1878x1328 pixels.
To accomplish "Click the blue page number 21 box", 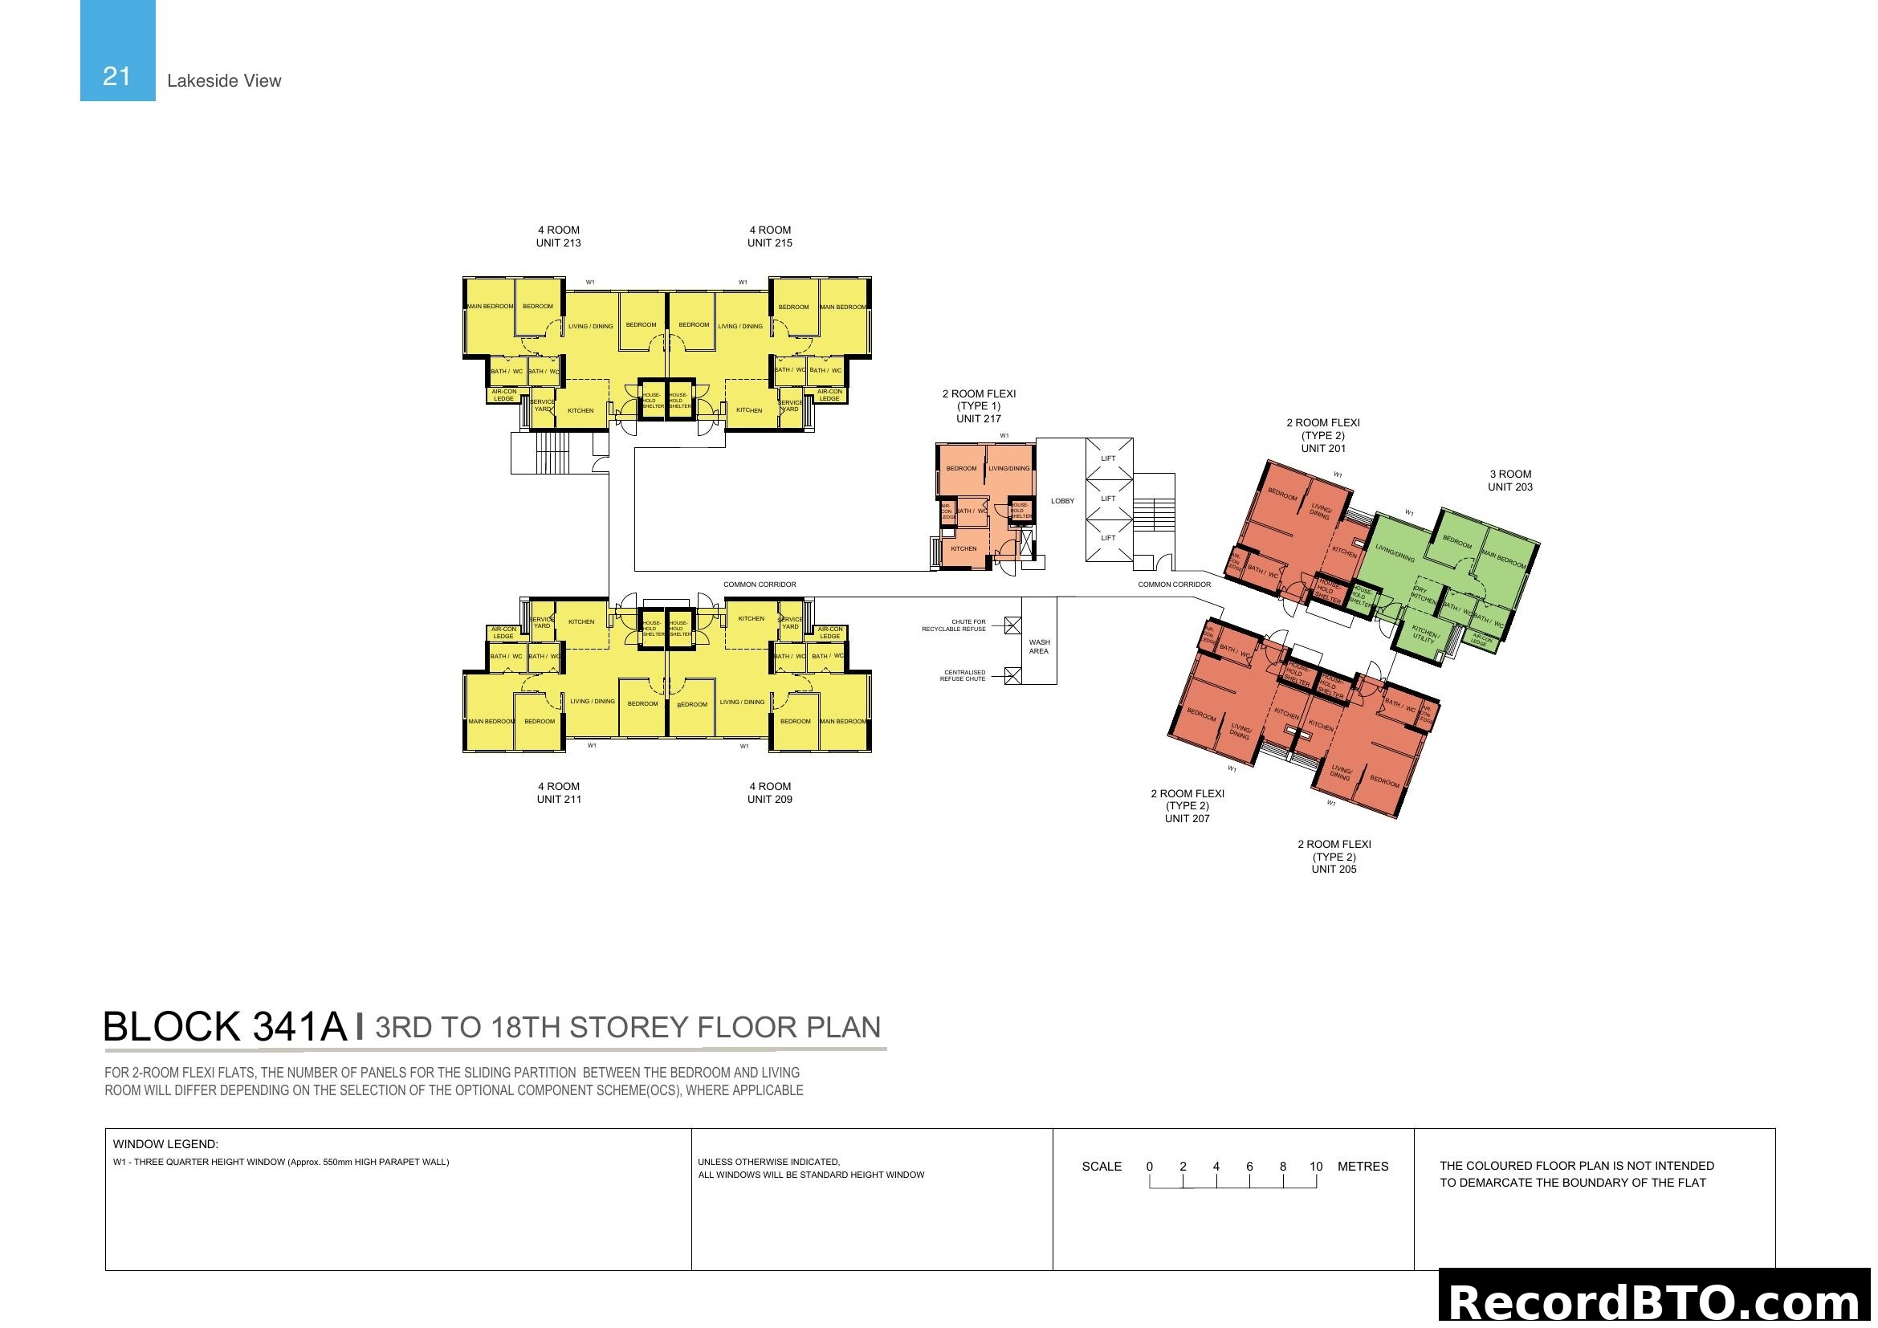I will (117, 51).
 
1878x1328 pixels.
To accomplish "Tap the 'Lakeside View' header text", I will (223, 81).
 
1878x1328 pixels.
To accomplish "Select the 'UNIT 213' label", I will (559, 242).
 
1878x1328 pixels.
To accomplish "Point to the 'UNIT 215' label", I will (770, 242).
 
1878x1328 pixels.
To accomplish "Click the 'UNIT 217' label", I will (979, 418).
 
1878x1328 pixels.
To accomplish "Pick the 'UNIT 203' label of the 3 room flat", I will (1510, 487).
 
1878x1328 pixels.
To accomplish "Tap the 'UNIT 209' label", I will (770, 799).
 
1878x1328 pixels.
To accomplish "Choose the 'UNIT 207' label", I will (1187, 818).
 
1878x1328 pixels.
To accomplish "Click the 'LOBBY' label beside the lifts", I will (1062, 500).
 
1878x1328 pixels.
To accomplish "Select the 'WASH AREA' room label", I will (1039, 646).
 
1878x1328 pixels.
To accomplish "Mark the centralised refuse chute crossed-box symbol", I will (1012, 675).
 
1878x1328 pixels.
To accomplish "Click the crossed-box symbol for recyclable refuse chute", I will (1012, 626).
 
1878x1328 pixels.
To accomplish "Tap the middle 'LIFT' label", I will (1108, 498).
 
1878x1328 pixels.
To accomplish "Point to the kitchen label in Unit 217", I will (963, 548).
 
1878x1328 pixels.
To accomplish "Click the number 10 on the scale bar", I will (1315, 1167).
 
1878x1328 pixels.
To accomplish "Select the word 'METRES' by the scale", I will (1363, 1167).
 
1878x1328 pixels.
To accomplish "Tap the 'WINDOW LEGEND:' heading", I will (165, 1144).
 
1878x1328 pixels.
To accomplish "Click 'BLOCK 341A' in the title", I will (225, 1027).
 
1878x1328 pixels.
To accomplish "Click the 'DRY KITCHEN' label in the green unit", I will (1423, 594).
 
